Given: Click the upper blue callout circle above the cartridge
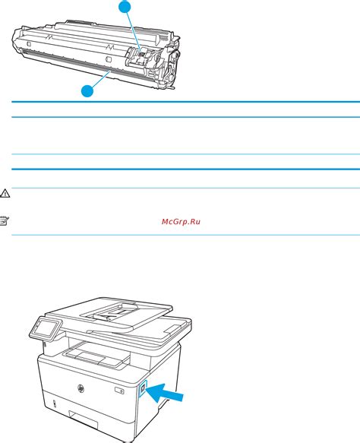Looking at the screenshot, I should point(125,7).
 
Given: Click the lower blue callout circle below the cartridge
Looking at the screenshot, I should point(88,90).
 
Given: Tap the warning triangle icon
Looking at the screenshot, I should point(5,194).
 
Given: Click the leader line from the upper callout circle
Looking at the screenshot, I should point(133,30).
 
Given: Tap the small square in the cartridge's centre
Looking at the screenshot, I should point(109,58).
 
